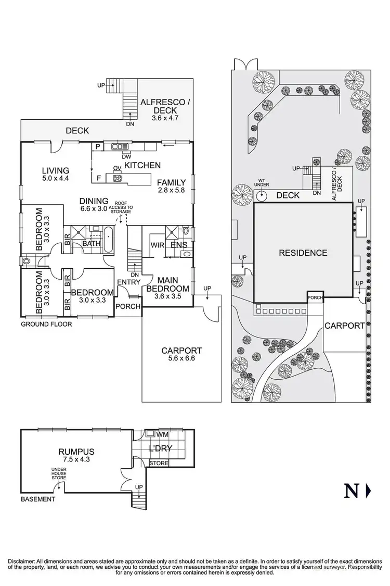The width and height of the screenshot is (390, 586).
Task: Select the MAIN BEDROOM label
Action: pos(167,284)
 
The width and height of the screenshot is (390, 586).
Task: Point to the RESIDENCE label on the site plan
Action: pos(303,253)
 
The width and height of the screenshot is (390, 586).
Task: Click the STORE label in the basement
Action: pos(159,463)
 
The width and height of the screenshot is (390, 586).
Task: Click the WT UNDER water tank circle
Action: pos(262,195)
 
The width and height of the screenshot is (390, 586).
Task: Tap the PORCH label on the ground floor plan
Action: pos(128,306)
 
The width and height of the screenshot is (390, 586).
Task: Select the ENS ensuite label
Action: pos(178,245)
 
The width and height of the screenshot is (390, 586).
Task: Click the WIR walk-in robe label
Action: pos(157,245)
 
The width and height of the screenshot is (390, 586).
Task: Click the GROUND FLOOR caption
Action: pos(46,324)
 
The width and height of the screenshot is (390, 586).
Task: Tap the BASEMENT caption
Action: pos(38,499)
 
